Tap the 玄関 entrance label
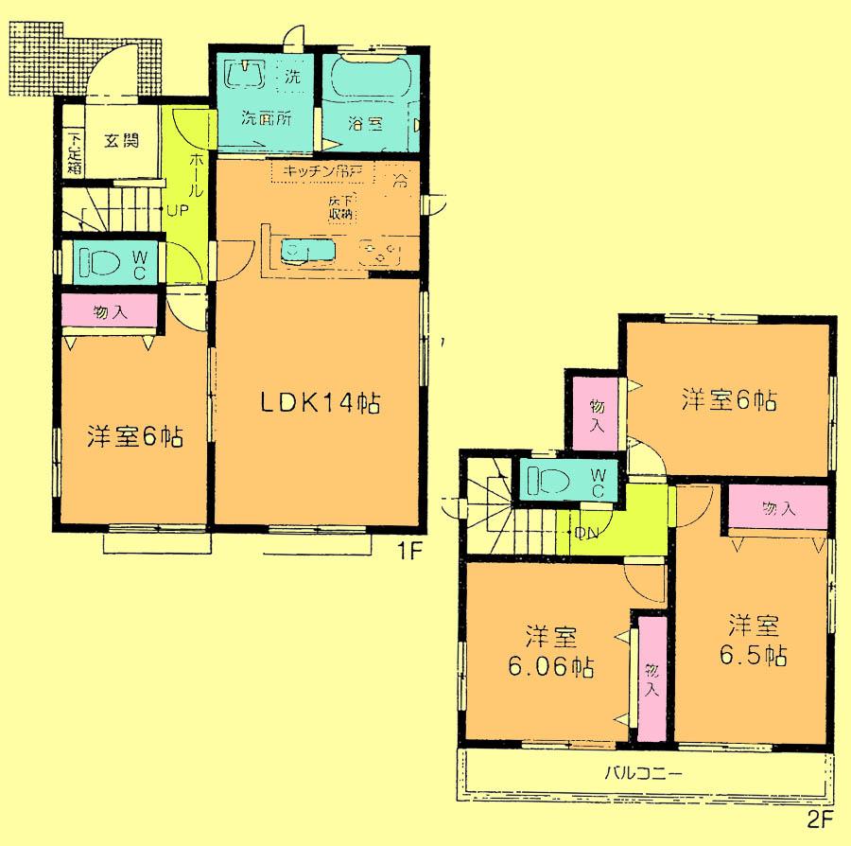pos(121,141)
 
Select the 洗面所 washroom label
pos(265,120)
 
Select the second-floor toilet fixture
pos(548,479)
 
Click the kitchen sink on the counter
pos(309,250)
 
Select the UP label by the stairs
pos(177,210)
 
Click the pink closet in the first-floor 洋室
pos(110,310)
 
